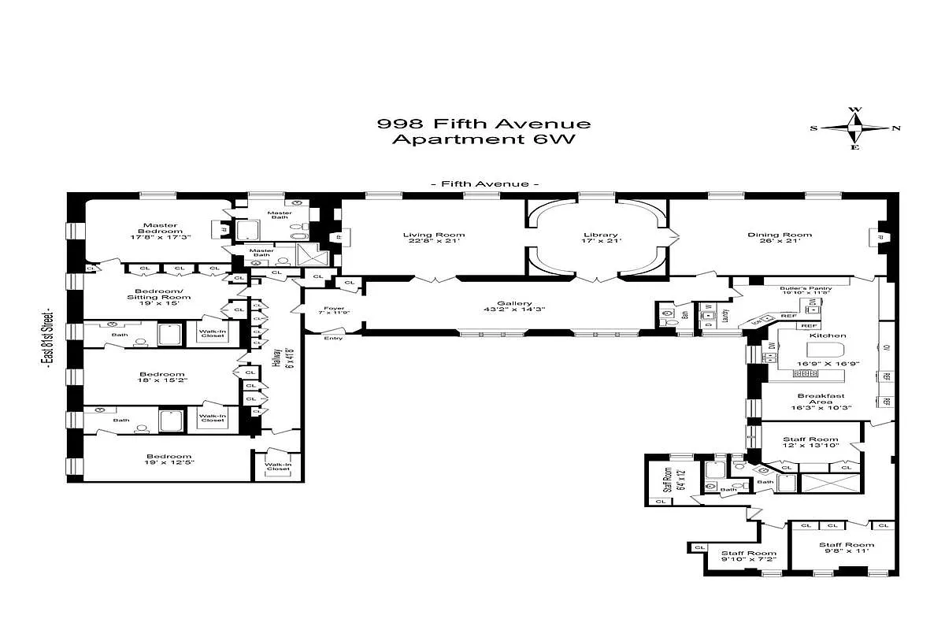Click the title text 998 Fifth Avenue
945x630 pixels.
coord(484,124)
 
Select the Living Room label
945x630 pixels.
coord(433,235)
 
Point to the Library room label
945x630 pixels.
coord(601,235)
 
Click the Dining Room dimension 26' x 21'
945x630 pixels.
coord(779,241)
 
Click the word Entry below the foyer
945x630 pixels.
coord(334,339)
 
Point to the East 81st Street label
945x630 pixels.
coord(49,339)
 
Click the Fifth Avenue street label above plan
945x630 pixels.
coord(484,183)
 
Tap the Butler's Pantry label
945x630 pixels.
coord(806,288)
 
